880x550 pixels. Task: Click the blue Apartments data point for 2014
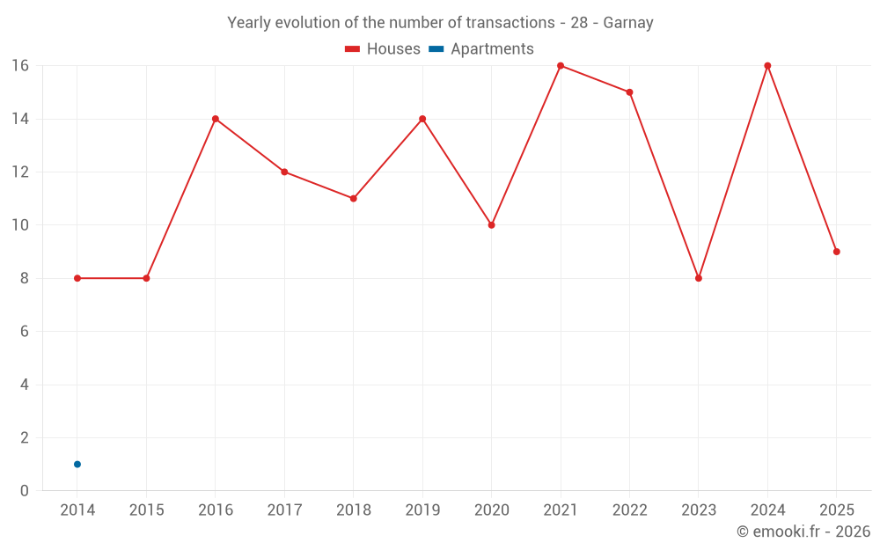tap(77, 464)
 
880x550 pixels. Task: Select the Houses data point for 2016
tap(216, 119)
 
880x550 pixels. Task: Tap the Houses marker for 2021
tap(561, 66)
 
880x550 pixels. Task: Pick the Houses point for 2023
tap(699, 278)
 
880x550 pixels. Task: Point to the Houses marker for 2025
tap(837, 252)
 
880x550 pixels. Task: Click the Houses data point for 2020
tap(492, 225)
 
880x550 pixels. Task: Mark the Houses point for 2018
tap(354, 199)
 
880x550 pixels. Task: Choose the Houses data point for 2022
tap(630, 92)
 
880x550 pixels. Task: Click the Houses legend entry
tap(383, 48)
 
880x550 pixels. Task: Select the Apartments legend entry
tap(481, 48)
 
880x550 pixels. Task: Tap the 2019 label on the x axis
tap(422, 510)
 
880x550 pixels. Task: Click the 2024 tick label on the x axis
tap(767, 510)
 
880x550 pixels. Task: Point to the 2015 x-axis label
tap(146, 510)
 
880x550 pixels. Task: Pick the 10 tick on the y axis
tap(20, 225)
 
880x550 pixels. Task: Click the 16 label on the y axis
tap(20, 66)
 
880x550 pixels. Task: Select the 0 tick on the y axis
tap(24, 490)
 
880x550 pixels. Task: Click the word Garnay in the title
tap(628, 23)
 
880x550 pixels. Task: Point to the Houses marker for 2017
tap(284, 172)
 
